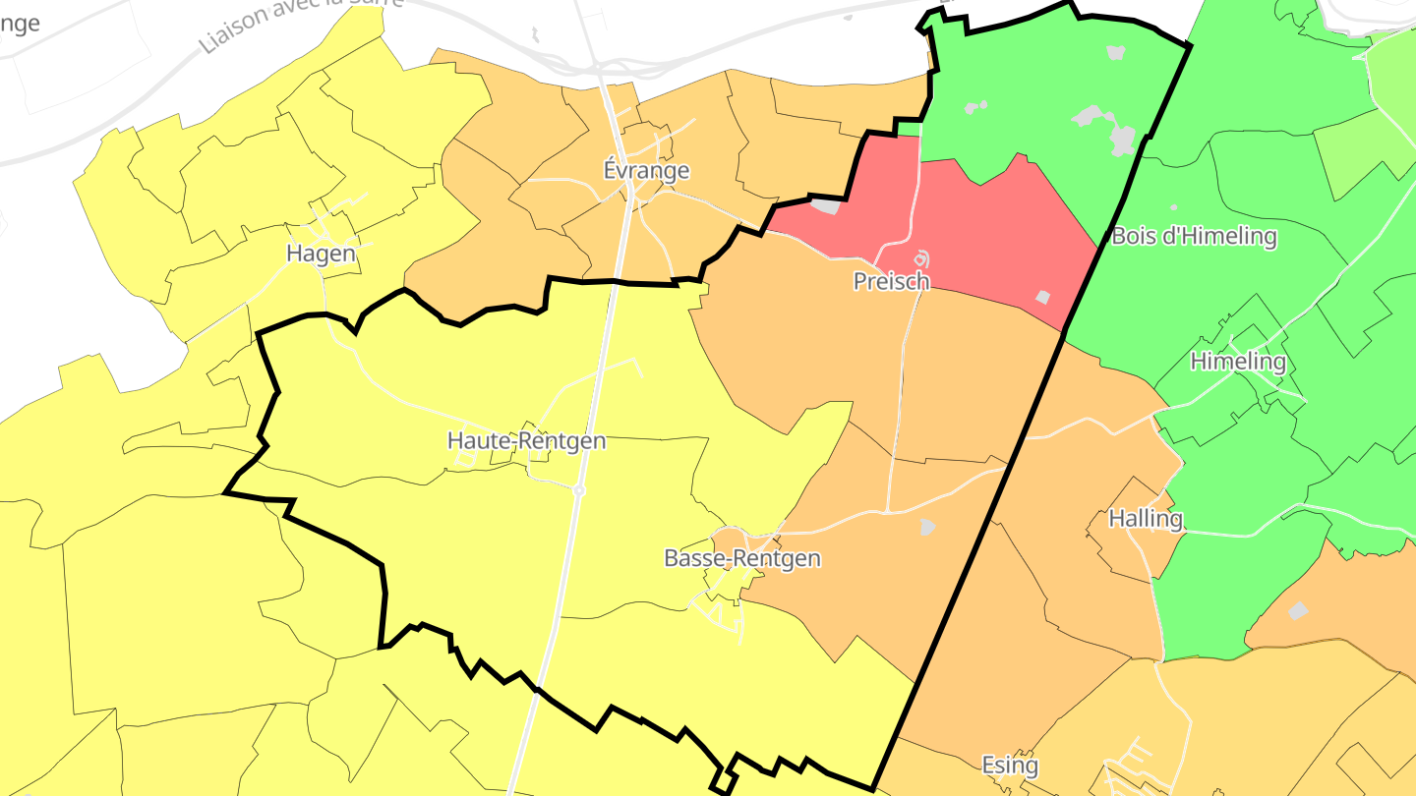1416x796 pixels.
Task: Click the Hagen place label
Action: click(x=321, y=254)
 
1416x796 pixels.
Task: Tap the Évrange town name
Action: click(x=646, y=171)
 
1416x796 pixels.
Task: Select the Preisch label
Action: click(x=891, y=282)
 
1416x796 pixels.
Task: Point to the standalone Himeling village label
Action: click(x=1238, y=362)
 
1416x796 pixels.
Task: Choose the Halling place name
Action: click(x=1145, y=519)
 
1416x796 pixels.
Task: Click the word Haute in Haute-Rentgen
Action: click(x=474, y=441)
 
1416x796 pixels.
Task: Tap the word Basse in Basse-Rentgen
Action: click(x=691, y=559)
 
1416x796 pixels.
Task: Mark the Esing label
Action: click(x=1010, y=765)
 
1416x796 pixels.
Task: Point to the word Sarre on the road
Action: click(x=386, y=3)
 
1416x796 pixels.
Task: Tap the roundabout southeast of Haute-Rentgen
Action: click(x=579, y=489)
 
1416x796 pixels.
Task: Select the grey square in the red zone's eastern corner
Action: click(x=1042, y=296)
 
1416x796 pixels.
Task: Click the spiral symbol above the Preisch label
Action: click(x=921, y=259)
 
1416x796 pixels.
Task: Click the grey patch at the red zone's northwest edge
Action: click(x=824, y=206)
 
